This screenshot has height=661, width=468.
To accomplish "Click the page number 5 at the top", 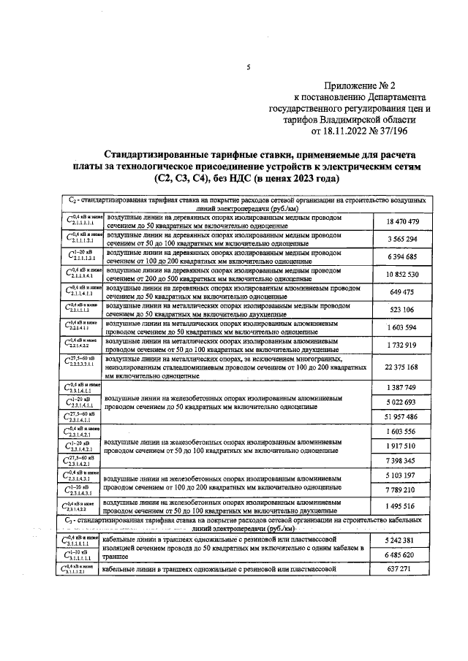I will point(249,68).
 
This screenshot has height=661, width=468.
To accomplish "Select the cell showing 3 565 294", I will point(401,239).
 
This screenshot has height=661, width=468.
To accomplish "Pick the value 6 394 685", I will point(401,256).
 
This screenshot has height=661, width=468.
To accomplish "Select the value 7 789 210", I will point(401,491).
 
